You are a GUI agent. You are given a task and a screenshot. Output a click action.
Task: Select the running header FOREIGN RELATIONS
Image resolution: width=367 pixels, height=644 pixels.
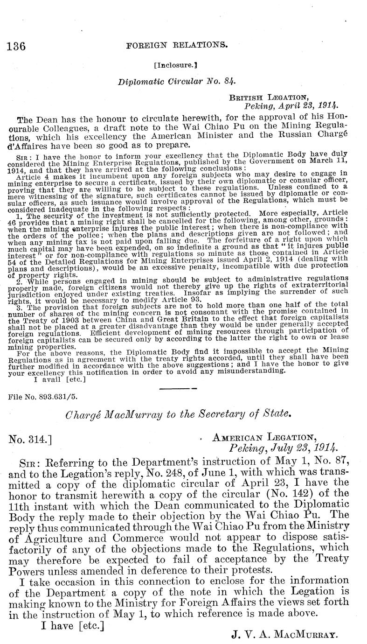[x=177, y=45]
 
